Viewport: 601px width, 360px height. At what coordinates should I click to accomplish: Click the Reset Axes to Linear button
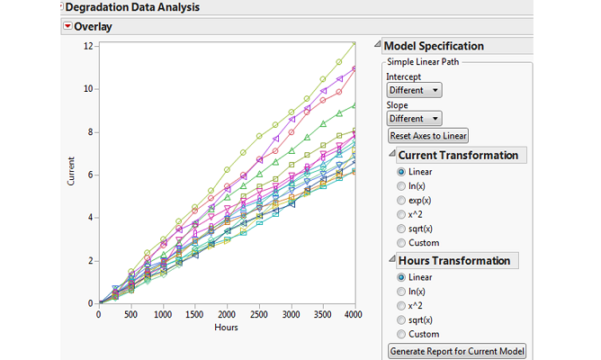point(428,136)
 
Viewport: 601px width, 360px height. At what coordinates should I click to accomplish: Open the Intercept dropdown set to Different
point(414,90)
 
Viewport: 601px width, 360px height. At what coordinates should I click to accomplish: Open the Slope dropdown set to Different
point(414,119)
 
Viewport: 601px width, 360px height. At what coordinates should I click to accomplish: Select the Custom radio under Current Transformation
point(400,242)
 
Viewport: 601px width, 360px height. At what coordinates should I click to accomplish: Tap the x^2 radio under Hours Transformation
point(400,305)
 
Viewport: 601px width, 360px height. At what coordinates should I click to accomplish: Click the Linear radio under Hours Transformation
point(400,277)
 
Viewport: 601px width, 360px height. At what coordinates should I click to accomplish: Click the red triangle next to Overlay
point(67,27)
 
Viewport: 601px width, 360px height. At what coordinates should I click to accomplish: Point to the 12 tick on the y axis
point(89,46)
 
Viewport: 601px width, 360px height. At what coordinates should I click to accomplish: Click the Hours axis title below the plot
point(227,328)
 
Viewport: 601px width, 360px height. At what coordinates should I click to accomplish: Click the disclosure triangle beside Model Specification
point(378,46)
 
